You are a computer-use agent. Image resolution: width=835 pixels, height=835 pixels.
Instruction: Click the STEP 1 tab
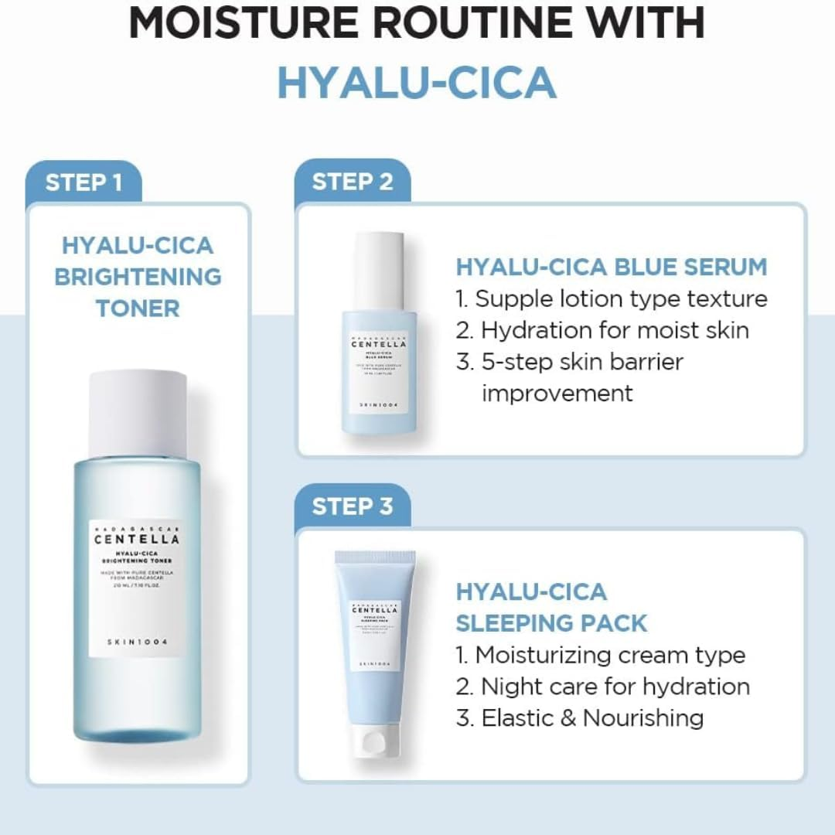[x=83, y=183]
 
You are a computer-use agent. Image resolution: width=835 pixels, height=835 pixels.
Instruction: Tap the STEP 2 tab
[x=353, y=182]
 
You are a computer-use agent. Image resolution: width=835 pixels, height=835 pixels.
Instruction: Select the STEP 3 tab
[x=353, y=506]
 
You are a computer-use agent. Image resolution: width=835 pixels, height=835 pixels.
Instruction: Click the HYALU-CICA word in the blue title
[x=417, y=83]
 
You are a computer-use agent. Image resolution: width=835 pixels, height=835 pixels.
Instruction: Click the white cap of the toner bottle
[x=138, y=413]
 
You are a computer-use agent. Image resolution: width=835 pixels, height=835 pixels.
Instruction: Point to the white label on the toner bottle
[x=138, y=588]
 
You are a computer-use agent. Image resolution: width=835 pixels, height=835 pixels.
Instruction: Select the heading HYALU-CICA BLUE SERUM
[x=611, y=268]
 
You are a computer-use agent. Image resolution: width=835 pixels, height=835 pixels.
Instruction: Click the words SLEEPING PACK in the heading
[x=551, y=623]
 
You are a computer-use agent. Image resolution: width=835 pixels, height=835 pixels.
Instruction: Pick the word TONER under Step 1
[x=138, y=308]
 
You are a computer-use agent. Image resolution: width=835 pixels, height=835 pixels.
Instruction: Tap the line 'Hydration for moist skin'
[x=602, y=330]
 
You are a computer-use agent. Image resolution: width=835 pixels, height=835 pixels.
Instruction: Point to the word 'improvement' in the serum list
[x=557, y=393]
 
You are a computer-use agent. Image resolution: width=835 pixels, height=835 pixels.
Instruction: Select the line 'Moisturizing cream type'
[x=601, y=655]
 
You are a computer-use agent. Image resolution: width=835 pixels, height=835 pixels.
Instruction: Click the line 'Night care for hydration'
[x=602, y=687]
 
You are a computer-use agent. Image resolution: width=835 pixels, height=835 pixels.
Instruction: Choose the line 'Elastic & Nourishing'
[x=580, y=718]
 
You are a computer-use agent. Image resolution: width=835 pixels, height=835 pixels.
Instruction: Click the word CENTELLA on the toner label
[x=138, y=539]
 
